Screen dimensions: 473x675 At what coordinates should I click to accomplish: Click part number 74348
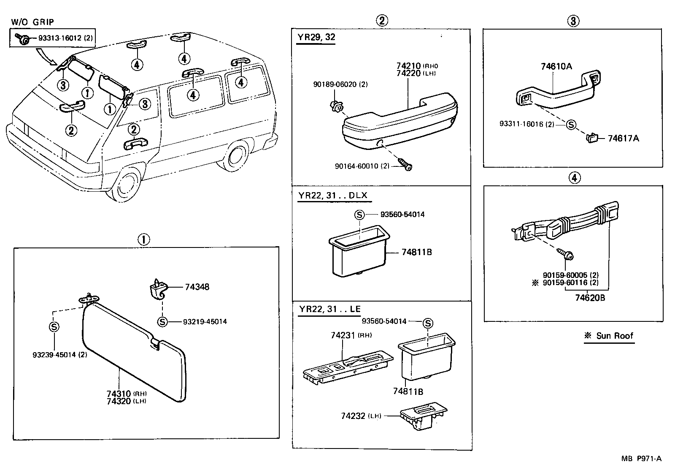point(197,287)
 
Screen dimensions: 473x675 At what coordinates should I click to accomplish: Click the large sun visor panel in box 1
point(131,353)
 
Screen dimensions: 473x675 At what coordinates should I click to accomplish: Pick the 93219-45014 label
point(205,322)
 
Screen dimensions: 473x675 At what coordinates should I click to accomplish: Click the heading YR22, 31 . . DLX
point(333,196)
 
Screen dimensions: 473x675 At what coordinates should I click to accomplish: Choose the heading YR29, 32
point(316,37)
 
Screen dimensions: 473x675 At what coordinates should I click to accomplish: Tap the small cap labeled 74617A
point(591,137)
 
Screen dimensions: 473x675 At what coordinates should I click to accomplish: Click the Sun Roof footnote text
point(610,336)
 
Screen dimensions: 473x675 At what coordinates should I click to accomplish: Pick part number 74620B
point(590,298)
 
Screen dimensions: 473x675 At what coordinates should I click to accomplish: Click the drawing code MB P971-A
point(641,459)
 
